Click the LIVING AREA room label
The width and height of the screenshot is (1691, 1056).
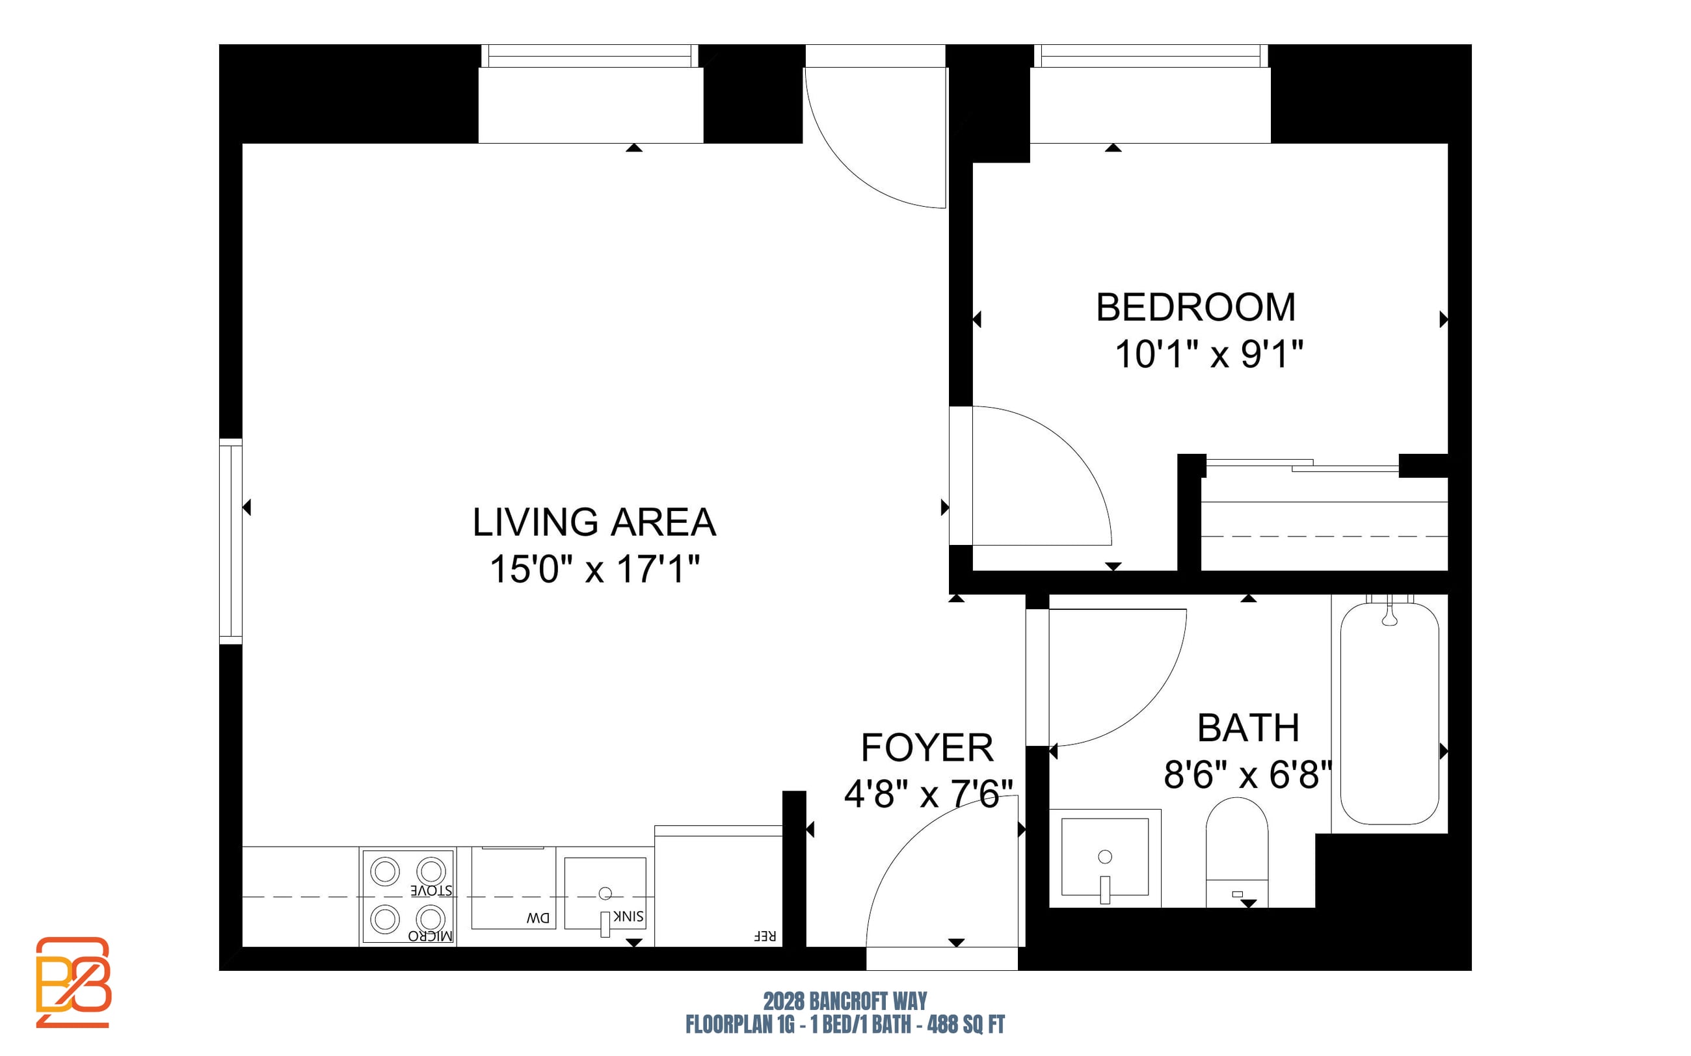pyautogui.click(x=594, y=522)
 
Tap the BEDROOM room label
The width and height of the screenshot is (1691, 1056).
pyautogui.click(x=1196, y=308)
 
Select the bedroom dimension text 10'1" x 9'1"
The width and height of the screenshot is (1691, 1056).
pyautogui.click(x=1209, y=354)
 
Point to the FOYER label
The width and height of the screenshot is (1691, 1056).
pyautogui.click(x=927, y=748)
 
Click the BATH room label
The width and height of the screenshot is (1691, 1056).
pyautogui.click(x=1248, y=728)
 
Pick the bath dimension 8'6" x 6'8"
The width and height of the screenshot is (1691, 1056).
pyautogui.click(x=1247, y=775)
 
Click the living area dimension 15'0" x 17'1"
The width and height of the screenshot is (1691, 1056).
pyautogui.click(x=594, y=569)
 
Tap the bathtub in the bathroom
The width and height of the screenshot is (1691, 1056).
pyautogui.click(x=1389, y=713)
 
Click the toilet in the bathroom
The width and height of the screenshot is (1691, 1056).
pyautogui.click(x=1237, y=852)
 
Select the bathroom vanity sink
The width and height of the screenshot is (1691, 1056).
pyautogui.click(x=1105, y=858)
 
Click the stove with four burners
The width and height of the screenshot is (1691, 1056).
pyautogui.click(x=408, y=897)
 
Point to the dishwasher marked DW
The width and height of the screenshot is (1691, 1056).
pyautogui.click(x=513, y=888)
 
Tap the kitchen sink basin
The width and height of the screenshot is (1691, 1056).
pyautogui.click(x=605, y=894)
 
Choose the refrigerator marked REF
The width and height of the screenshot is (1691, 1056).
pyautogui.click(x=718, y=886)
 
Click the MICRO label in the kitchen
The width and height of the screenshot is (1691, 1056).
pyautogui.click(x=431, y=936)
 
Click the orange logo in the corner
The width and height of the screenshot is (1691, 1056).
pyautogui.click(x=73, y=982)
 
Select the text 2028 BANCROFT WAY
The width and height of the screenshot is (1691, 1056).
pyautogui.click(x=845, y=1001)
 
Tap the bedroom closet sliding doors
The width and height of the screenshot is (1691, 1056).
pyautogui.click(x=1303, y=465)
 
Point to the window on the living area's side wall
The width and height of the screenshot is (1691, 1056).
pyautogui.click(x=230, y=541)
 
